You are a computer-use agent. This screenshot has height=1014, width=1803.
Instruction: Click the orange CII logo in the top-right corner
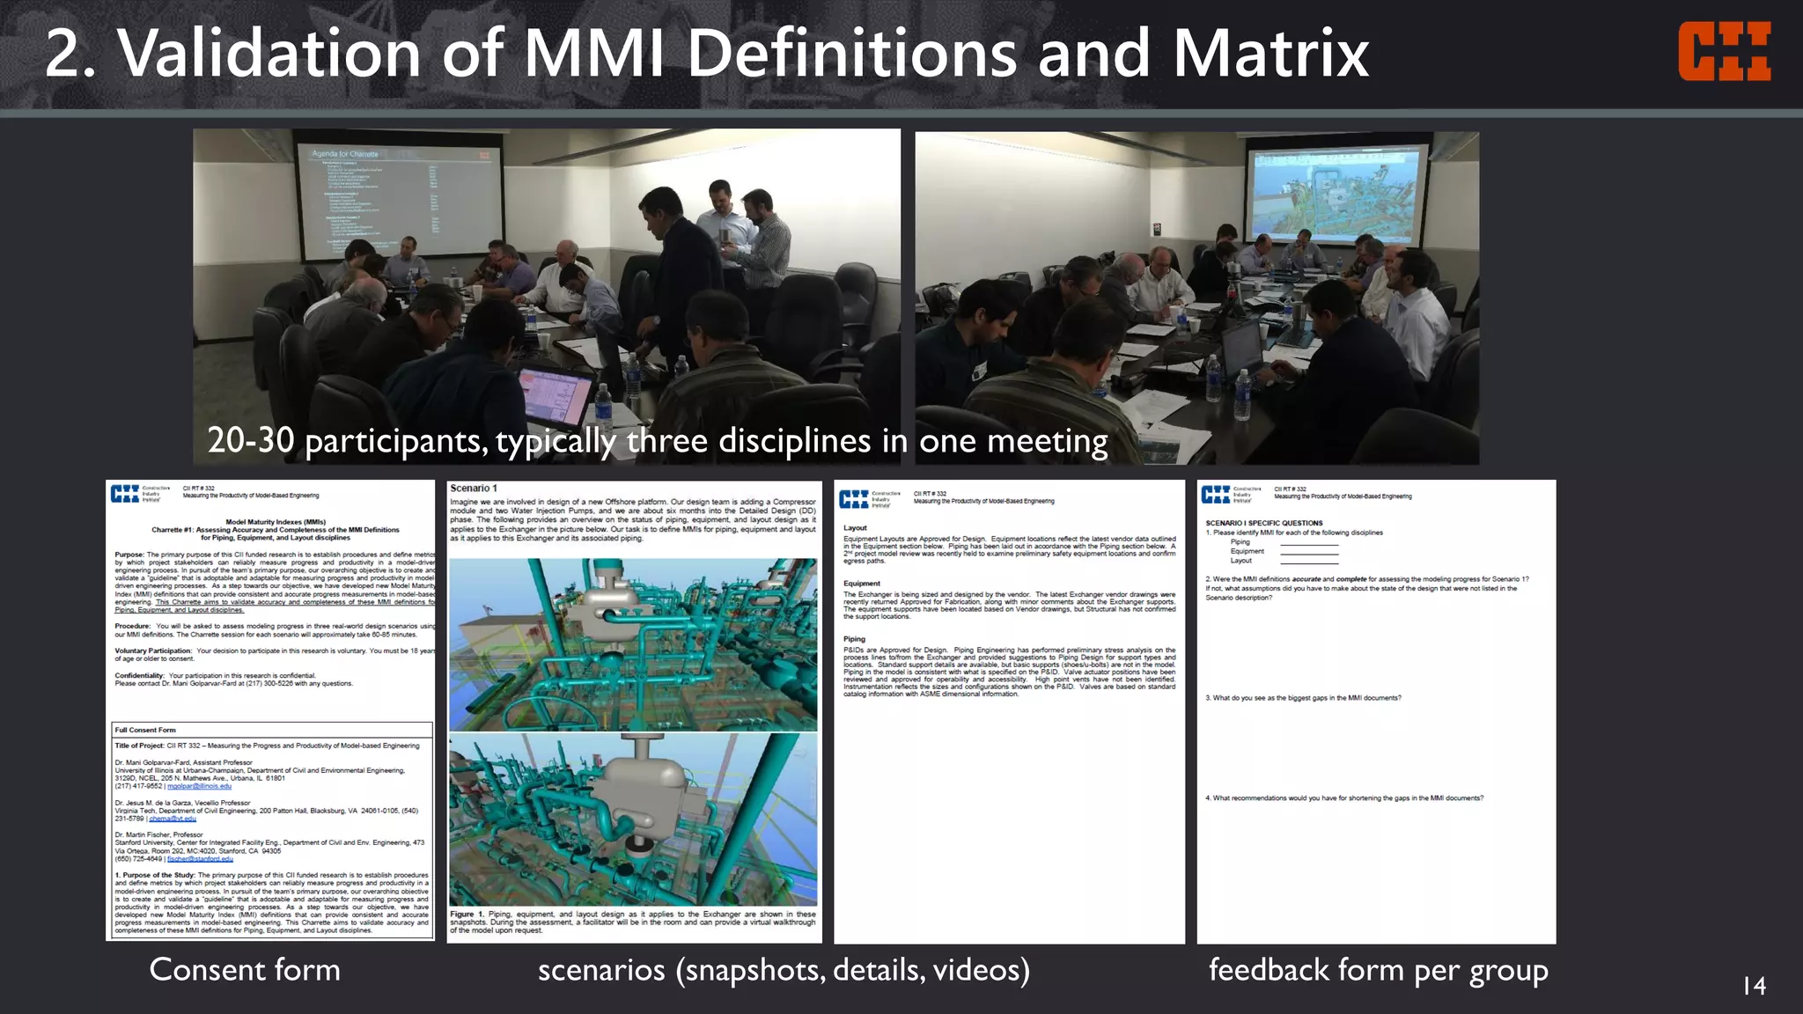coord(1724,52)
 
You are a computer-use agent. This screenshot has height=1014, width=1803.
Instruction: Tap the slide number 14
coord(1754,986)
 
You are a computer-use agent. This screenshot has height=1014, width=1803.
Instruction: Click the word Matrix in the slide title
coord(1270,54)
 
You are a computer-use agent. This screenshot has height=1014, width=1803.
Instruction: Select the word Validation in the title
coord(269,54)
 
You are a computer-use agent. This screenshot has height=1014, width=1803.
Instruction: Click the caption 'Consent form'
coord(245,970)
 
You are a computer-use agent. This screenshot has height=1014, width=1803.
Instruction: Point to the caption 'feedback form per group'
coord(1378,970)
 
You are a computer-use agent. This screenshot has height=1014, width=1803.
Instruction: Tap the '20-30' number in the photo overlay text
coord(251,440)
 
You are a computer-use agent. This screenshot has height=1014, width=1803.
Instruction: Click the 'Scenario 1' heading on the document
coord(474,489)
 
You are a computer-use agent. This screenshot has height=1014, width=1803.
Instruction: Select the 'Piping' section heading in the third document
coord(854,639)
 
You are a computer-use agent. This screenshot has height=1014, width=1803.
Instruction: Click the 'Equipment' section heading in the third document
coord(861,584)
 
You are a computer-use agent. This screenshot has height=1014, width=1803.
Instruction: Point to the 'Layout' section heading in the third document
coord(855,528)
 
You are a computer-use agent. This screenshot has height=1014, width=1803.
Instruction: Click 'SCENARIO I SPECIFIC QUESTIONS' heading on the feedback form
coord(1264,523)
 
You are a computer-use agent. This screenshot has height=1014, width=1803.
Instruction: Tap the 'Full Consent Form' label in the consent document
coord(145,730)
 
